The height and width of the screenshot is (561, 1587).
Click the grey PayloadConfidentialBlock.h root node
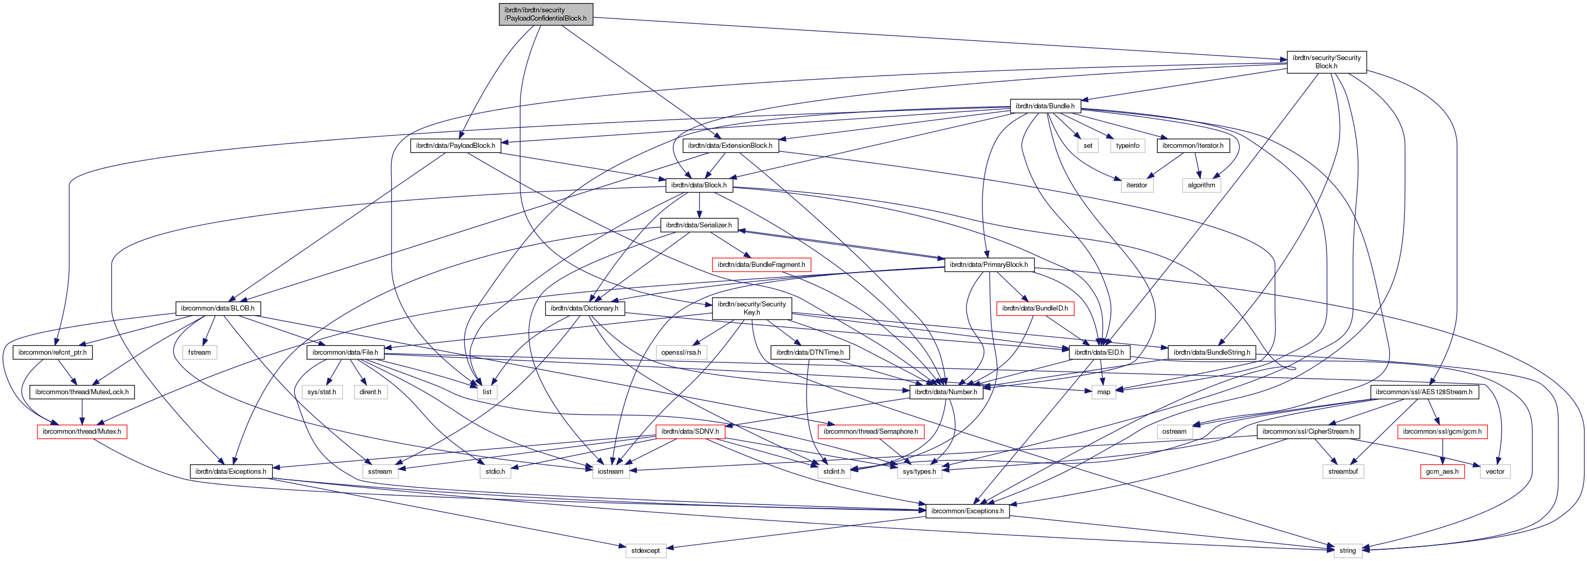coord(545,14)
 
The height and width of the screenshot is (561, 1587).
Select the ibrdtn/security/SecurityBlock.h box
coord(1326,62)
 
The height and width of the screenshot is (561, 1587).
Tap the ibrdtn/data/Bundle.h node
coord(1045,106)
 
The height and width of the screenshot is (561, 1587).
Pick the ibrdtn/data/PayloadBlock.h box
coord(455,146)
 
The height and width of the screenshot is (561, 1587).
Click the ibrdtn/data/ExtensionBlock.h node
coord(730,146)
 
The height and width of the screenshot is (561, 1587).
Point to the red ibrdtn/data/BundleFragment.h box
coord(761,265)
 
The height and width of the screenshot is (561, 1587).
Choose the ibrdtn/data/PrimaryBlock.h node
coord(989,265)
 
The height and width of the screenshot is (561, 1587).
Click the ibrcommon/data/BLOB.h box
coord(218,308)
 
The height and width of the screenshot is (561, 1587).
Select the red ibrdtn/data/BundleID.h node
coord(1035,308)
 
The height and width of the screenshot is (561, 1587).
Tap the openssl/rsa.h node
coord(681,353)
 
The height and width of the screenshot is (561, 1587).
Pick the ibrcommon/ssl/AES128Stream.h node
coord(1424,392)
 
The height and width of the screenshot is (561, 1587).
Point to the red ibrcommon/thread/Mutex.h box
coord(82,432)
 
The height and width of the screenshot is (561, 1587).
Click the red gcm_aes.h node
coord(1442,472)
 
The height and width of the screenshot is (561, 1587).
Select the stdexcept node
coord(646,551)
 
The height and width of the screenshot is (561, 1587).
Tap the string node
coord(1347,551)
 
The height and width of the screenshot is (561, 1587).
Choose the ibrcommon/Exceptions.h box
coord(967,511)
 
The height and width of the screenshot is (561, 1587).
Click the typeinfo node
coord(1128,146)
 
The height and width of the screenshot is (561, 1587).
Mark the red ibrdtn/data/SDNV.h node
coord(690,432)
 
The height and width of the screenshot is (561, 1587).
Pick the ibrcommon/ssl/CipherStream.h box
coord(1308,432)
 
